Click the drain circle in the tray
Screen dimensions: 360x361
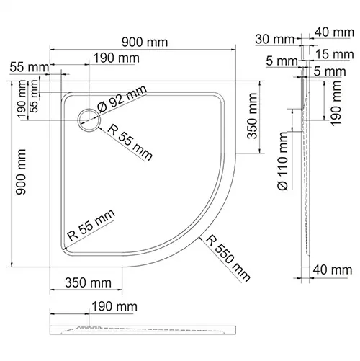pos(89,109)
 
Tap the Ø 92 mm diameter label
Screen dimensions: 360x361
pos(122,99)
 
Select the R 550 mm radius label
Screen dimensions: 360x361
pos(228,258)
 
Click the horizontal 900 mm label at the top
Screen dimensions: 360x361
pos(145,43)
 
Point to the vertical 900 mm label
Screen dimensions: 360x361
pos(21,171)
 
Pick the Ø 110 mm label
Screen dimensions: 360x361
pos(282,161)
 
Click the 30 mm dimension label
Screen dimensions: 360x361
pos(274,39)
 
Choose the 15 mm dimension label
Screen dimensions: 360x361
pos(335,54)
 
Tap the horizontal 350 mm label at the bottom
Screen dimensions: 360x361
pos(88,282)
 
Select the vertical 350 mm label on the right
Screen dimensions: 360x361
pos(252,116)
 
